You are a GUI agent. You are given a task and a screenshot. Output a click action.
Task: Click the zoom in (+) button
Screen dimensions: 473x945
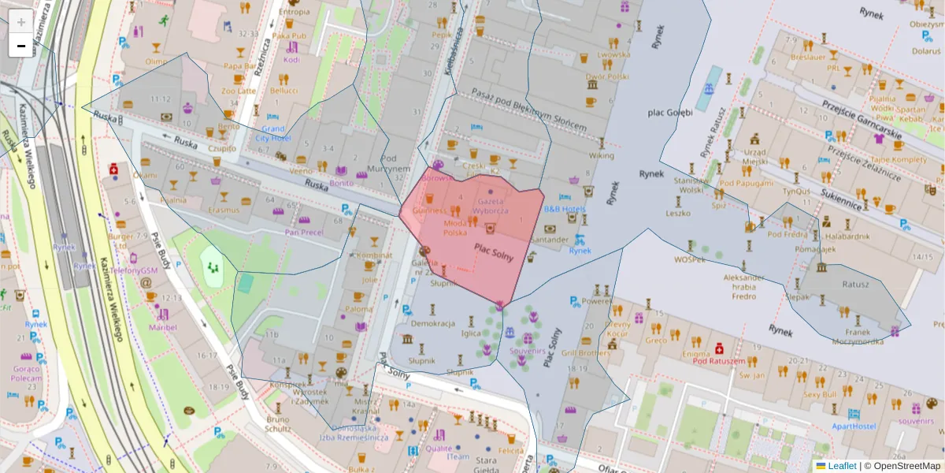[21, 22]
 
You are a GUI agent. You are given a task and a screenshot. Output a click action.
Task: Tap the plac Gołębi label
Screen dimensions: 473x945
[670, 112]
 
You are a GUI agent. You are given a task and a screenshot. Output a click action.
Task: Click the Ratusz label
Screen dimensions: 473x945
[855, 284]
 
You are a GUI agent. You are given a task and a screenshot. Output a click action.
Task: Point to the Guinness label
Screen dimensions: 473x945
[430, 211]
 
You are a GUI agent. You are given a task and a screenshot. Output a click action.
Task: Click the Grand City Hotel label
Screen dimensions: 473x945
[273, 133]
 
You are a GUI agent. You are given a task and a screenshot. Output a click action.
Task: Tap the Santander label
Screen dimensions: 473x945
[550, 239]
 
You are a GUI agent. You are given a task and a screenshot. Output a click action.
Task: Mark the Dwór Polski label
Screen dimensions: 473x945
[606, 77]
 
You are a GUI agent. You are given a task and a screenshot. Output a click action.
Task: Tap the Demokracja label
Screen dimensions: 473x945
[434, 323]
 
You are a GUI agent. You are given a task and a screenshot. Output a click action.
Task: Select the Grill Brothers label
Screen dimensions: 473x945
[585, 353]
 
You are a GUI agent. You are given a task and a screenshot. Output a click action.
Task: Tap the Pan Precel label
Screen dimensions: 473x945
[303, 232]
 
